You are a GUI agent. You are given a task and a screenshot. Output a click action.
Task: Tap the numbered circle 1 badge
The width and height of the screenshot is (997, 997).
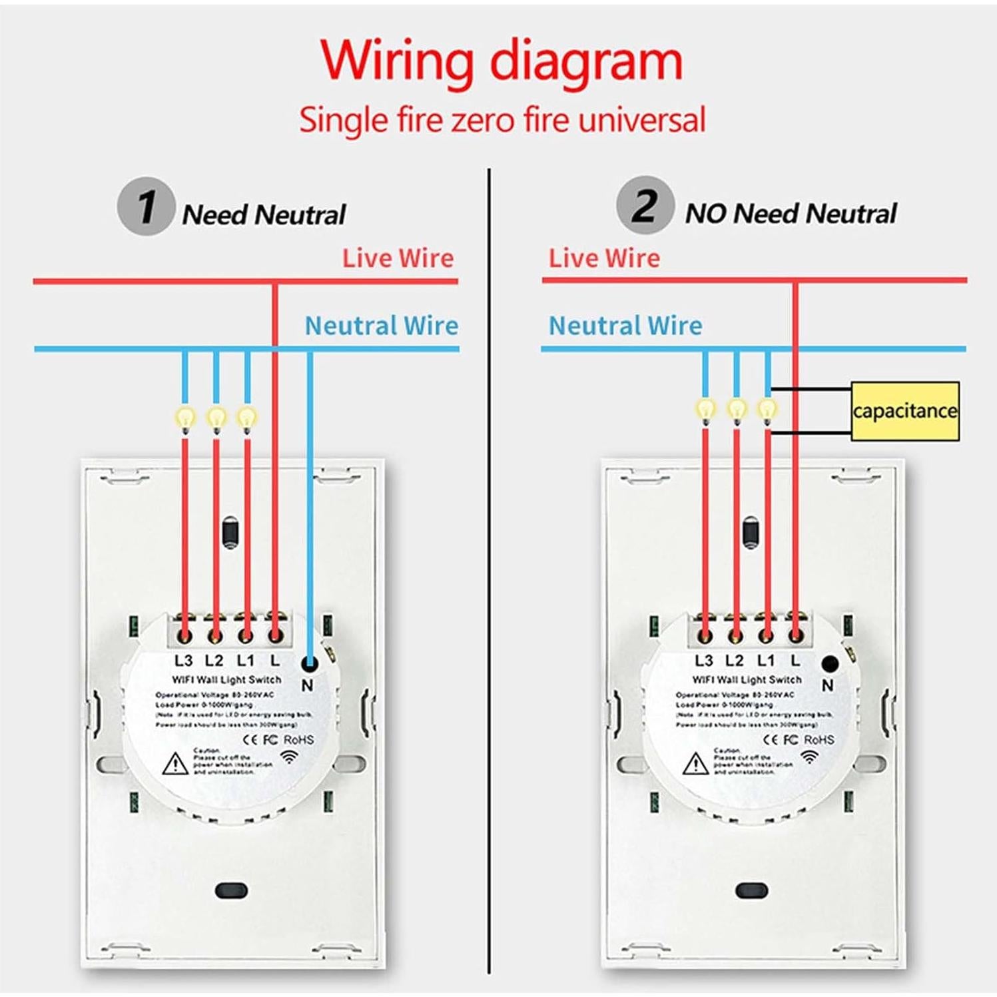[146, 206]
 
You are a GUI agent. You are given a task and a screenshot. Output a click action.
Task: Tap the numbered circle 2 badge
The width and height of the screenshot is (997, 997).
[645, 205]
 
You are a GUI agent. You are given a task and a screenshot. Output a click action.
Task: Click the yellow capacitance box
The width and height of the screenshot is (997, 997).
[905, 411]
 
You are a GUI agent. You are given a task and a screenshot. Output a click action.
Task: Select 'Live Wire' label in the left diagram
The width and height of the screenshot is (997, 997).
[398, 258]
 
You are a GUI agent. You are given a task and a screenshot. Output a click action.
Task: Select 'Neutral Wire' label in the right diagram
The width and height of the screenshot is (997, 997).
[625, 326]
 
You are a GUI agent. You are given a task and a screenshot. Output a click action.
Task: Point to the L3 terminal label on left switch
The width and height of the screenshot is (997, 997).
[183, 661]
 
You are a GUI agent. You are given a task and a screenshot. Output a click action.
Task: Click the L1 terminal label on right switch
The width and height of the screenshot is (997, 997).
[766, 661]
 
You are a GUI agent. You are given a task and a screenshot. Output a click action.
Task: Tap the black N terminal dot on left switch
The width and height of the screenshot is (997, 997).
[309, 663]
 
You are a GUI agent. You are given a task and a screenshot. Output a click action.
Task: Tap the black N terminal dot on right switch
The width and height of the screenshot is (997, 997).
[830, 663]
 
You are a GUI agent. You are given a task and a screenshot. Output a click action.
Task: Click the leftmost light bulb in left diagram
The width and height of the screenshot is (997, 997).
[185, 418]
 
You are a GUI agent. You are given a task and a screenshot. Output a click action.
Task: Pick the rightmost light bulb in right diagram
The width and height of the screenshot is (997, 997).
[768, 409]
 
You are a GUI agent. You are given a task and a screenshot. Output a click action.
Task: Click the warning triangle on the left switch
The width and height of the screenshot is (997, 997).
[175, 764]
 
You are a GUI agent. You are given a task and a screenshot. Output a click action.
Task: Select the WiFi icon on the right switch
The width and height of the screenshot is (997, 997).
[810, 757]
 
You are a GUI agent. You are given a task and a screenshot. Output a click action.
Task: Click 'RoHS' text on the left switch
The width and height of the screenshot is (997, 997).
[298, 740]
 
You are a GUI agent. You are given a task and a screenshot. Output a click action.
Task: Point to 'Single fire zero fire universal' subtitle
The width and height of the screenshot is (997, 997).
[501, 121]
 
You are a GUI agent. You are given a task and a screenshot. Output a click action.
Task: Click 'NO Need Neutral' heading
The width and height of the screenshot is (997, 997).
[791, 214]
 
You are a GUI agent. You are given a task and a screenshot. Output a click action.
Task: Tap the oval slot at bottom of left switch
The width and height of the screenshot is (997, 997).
[231, 890]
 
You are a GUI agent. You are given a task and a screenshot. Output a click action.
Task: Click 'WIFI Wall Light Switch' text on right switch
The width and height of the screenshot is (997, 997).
[747, 680]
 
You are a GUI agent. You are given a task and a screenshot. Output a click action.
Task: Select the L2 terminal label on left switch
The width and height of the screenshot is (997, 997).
[214, 661]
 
